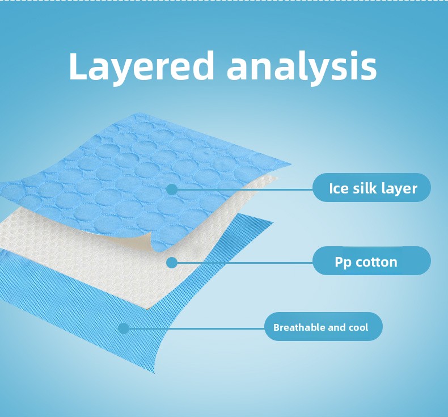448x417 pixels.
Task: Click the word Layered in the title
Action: (141, 67)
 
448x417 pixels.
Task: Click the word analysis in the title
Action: (302, 67)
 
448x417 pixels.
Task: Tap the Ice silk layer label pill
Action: (371, 187)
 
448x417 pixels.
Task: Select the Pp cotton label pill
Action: (371, 260)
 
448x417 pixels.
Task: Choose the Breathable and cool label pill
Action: (323, 326)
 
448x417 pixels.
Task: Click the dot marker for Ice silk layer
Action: (172, 189)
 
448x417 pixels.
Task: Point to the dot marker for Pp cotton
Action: (172, 262)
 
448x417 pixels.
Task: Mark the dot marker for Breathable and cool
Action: (124, 328)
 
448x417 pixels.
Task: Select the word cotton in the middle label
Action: (377, 262)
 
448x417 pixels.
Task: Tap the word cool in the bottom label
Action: (358, 327)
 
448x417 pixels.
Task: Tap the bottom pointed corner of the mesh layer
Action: (154, 372)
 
